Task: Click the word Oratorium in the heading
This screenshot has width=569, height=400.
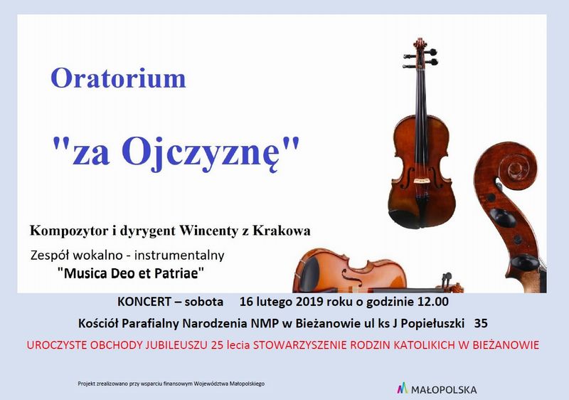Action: [118, 78]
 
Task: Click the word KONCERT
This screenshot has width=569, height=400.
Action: [144, 302]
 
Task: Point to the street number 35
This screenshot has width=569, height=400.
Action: [481, 323]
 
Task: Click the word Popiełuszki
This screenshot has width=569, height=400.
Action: [432, 323]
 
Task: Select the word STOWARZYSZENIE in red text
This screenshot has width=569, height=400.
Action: [299, 344]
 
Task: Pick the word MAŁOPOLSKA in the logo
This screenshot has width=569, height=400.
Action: [444, 390]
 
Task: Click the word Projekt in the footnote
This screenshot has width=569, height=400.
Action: [85, 384]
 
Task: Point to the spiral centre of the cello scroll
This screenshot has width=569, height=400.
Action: [514, 169]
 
